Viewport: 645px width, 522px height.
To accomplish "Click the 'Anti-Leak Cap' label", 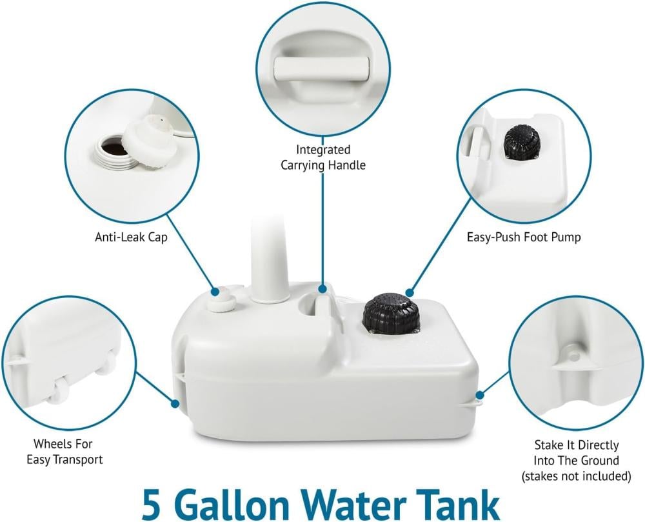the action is point(131,237).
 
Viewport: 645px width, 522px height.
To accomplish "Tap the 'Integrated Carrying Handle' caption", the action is point(323,157).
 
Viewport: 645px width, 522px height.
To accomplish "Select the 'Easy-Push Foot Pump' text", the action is point(524,237).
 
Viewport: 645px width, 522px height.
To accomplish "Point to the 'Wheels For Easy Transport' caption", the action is point(64,451).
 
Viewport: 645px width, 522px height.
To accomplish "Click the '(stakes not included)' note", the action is point(576,476).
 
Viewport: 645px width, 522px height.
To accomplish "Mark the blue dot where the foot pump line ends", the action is point(409,292).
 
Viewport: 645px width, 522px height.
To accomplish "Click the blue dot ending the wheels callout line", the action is point(175,403).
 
